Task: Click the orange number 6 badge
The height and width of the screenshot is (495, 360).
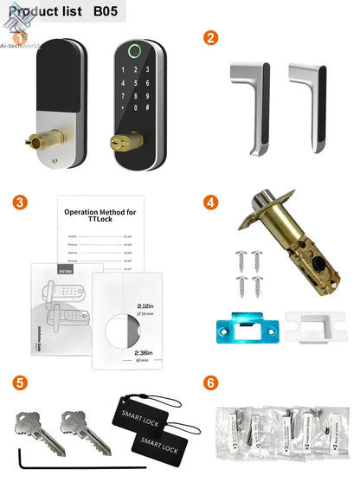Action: tap(209, 382)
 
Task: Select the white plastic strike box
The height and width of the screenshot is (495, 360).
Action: tap(307, 328)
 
